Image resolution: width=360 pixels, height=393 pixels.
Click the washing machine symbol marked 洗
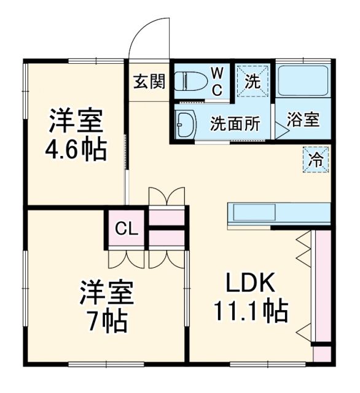[x=252, y=80]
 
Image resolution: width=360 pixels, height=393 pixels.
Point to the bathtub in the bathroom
[x=303, y=80]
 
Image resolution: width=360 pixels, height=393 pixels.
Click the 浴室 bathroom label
[x=304, y=120]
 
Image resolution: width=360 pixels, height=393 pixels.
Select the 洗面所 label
[x=235, y=123]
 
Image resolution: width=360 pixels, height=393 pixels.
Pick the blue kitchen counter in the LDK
[x=279, y=212]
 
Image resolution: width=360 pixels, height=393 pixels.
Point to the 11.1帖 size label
[x=251, y=313]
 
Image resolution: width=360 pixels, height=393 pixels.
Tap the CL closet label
[x=127, y=230]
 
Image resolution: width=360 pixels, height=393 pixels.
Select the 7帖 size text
[x=106, y=321]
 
